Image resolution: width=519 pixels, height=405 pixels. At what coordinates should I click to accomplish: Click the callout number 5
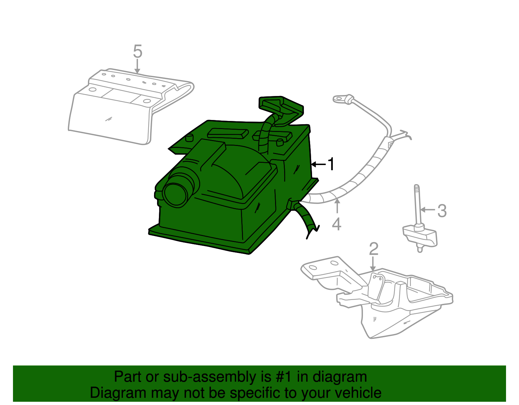click(138, 52)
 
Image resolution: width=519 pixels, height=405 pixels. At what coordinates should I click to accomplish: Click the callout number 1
click(331, 164)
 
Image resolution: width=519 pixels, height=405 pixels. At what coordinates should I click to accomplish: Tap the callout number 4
click(337, 224)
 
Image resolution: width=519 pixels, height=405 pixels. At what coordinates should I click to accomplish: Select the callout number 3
click(442, 211)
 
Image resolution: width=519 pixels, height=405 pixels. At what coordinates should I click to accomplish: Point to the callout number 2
click(374, 249)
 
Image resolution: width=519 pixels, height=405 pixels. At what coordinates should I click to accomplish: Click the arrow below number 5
click(138, 67)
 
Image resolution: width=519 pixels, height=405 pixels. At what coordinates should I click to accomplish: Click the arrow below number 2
click(373, 264)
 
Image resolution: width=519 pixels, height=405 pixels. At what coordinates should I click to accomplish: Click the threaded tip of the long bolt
click(416, 188)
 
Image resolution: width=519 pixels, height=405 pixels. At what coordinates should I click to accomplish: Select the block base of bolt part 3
click(420, 236)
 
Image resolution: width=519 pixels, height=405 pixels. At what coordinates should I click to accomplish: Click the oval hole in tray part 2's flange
click(313, 268)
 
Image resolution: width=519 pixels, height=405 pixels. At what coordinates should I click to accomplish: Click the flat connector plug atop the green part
click(281, 105)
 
